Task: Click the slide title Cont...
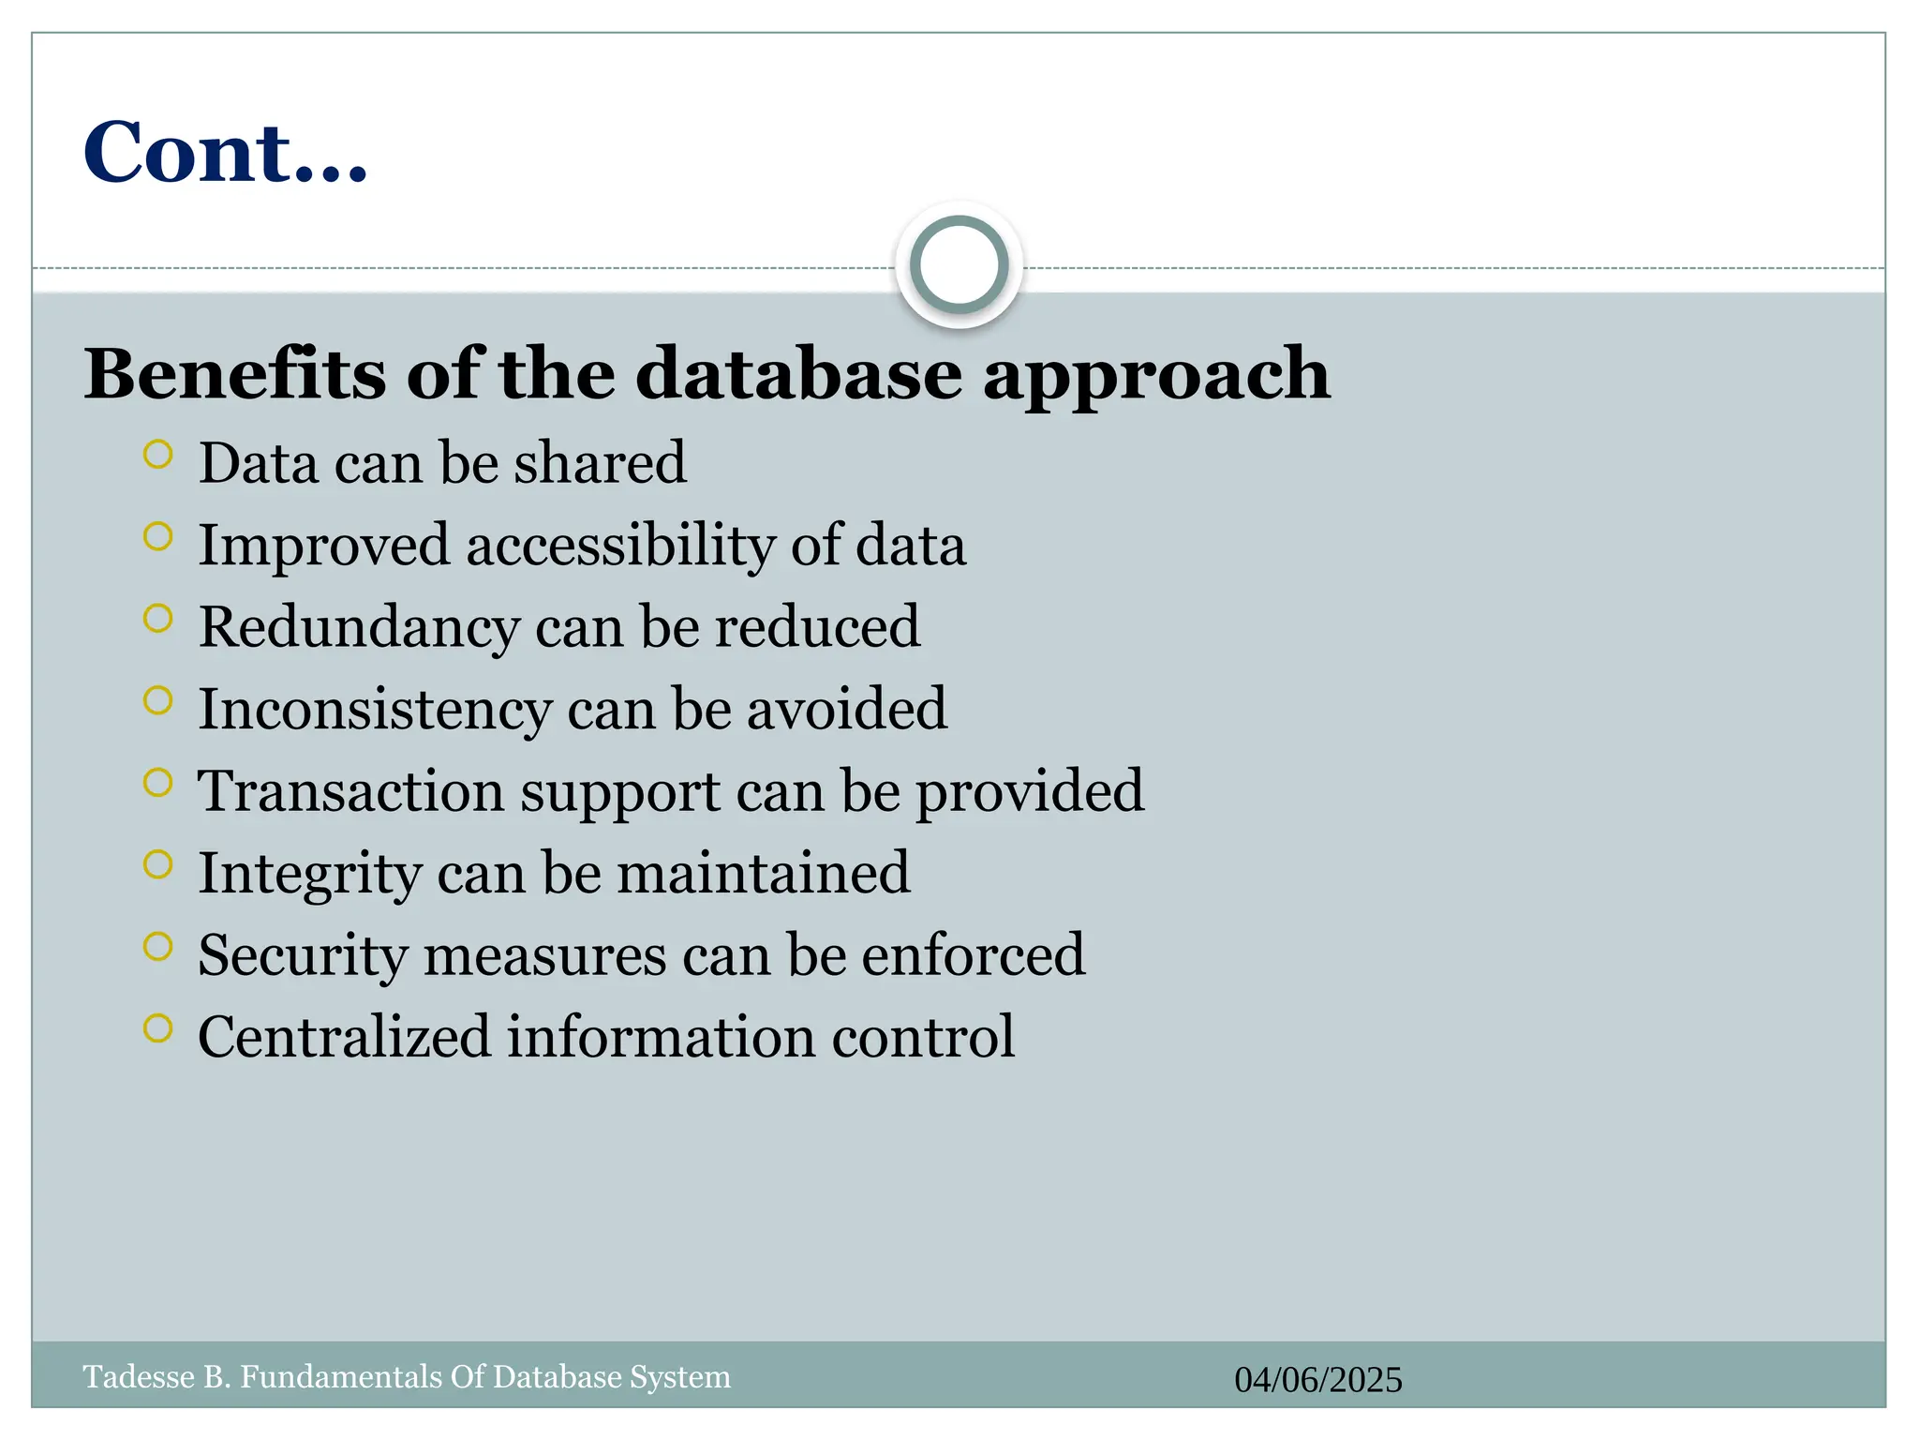click(x=225, y=152)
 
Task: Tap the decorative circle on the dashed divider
click(x=959, y=265)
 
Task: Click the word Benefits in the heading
click(x=235, y=373)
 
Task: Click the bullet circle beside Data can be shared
click(x=158, y=455)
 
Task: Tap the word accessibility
click(x=620, y=546)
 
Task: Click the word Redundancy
click(x=359, y=627)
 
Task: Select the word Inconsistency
click(x=375, y=710)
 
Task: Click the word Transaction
click(x=350, y=790)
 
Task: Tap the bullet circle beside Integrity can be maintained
click(x=158, y=864)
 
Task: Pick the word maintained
click(x=763, y=873)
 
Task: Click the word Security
click(x=303, y=956)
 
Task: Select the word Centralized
click(x=344, y=1037)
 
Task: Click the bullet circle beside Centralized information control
click(x=158, y=1028)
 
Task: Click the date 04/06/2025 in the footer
click(x=1317, y=1380)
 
